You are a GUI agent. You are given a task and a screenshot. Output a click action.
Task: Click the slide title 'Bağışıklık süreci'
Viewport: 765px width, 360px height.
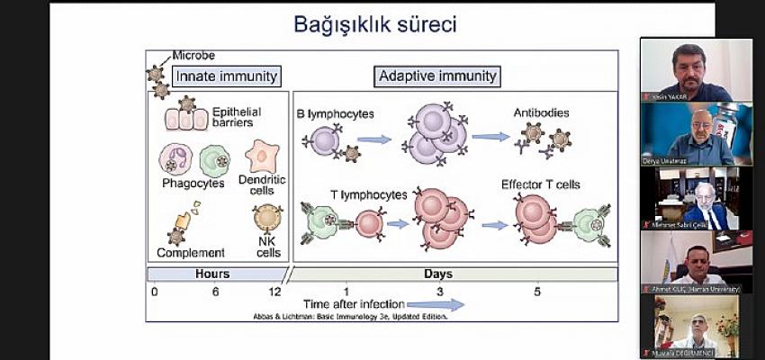(x=374, y=24)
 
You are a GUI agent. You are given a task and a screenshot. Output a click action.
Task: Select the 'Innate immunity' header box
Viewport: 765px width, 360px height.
(x=226, y=76)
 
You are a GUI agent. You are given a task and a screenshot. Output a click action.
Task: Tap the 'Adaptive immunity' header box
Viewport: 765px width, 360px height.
(x=437, y=76)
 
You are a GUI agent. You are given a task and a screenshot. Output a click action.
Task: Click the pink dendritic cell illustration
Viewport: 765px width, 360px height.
(x=262, y=155)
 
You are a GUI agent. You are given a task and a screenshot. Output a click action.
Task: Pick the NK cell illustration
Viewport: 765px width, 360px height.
(x=267, y=218)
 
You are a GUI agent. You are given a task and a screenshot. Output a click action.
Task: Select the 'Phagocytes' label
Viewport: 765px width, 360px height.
(x=193, y=184)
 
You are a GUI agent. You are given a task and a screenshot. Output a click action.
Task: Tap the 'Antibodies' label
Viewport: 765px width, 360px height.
(x=541, y=112)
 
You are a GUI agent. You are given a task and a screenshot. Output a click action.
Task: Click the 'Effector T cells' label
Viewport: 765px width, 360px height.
(x=541, y=184)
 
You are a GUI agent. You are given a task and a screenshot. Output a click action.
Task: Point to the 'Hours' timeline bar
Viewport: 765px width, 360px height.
(x=215, y=274)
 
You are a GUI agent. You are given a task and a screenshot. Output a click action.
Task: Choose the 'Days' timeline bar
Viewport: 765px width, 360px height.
(x=453, y=274)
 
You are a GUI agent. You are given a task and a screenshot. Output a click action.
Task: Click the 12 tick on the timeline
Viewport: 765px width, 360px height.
(x=275, y=292)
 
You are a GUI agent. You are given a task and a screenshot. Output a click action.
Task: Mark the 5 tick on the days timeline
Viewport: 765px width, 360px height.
(x=538, y=292)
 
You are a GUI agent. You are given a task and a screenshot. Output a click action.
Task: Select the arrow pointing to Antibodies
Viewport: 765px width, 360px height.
(x=490, y=137)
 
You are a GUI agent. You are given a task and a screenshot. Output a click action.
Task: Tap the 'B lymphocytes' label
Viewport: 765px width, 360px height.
(x=335, y=113)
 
